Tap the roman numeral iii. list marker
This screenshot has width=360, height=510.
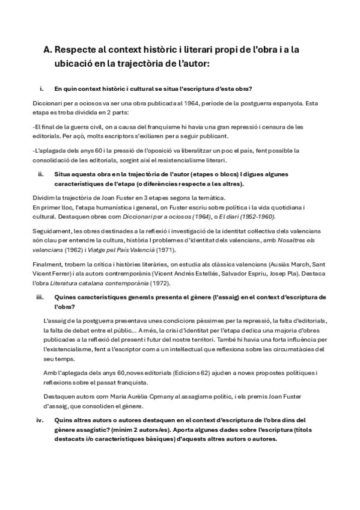[x=40, y=297]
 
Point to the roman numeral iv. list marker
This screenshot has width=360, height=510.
[x=40, y=420]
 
